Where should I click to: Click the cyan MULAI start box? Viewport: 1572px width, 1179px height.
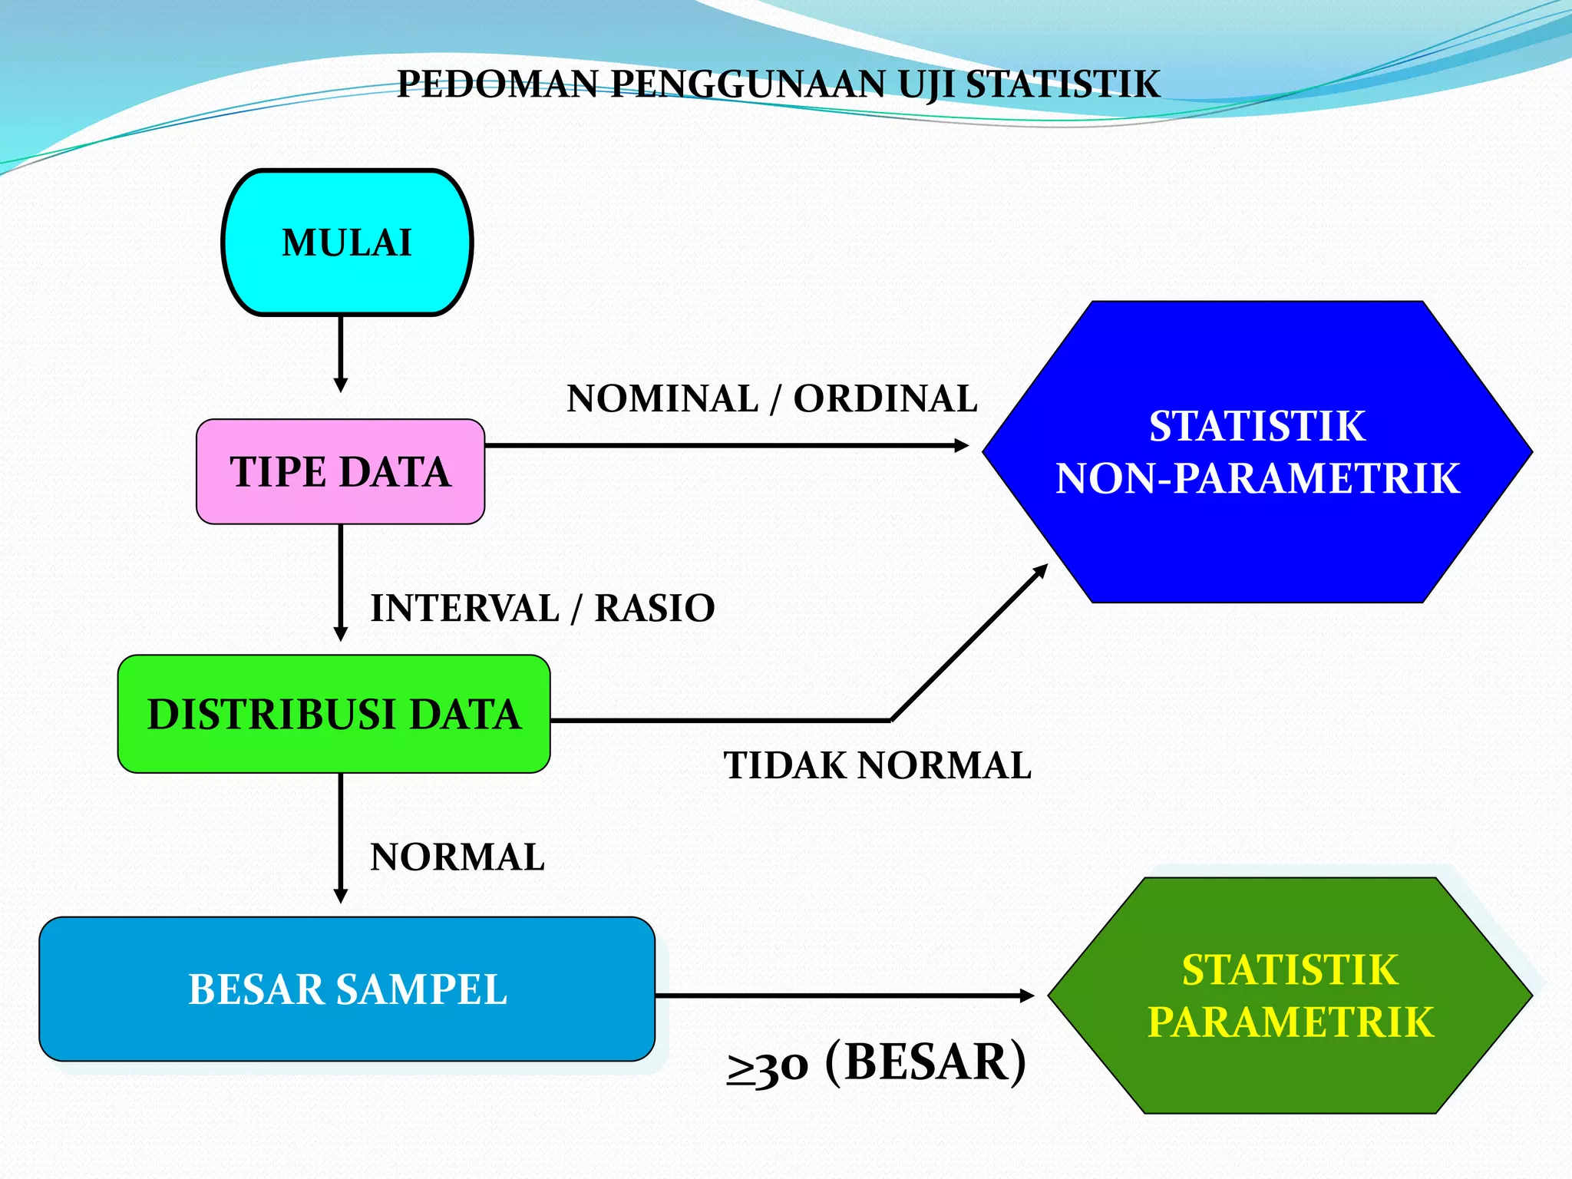tap(347, 243)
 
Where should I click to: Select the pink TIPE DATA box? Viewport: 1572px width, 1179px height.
tap(340, 471)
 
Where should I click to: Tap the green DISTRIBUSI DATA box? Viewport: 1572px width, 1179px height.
tap(334, 714)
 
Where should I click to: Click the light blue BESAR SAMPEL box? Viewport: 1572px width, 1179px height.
tap(347, 989)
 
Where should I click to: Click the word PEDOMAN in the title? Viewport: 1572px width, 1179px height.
tap(497, 84)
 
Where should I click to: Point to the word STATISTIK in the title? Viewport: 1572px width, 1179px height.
tap(1062, 84)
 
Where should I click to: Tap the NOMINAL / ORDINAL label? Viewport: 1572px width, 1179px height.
tap(771, 398)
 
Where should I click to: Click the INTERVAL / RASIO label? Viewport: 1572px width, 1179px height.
tap(543, 608)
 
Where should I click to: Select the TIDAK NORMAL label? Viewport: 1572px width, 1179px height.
tap(877, 765)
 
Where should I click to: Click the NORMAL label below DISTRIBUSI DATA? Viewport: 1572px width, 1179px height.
tap(457, 857)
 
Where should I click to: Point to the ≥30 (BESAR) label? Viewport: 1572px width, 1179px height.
tap(876, 1063)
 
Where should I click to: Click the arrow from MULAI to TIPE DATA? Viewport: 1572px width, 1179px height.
tap(341, 353)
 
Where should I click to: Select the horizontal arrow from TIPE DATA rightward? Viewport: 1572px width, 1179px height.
tap(725, 445)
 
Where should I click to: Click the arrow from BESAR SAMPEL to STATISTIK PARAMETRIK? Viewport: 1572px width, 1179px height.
tap(844, 996)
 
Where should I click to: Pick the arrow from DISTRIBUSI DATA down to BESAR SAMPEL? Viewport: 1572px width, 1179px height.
tap(341, 837)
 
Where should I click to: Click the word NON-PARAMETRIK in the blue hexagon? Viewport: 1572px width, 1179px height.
tap(1257, 478)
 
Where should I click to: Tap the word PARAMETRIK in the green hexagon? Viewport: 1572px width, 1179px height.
tap(1290, 1022)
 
